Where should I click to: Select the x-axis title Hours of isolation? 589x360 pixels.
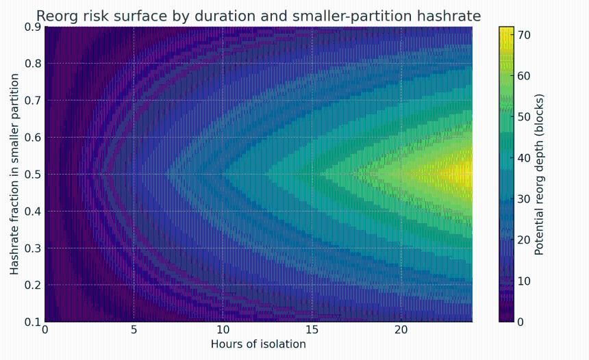(x=258, y=344)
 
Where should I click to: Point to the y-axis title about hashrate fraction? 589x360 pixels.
(x=14, y=175)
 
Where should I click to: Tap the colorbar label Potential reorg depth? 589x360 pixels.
(x=539, y=175)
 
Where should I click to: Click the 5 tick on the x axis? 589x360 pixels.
(x=134, y=331)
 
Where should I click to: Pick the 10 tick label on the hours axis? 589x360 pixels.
(x=223, y=331)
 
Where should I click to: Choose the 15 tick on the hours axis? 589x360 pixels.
(x=312, y=331)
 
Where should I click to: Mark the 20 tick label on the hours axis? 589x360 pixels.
(x=401, y=331)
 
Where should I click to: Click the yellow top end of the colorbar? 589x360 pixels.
(x=506, y=31)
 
